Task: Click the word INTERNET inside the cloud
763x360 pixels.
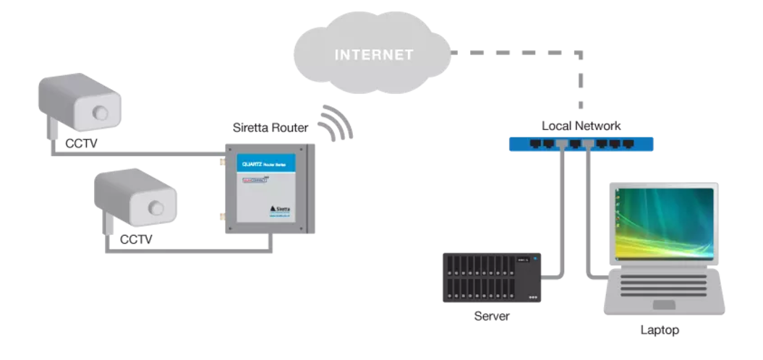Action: coord(374,55)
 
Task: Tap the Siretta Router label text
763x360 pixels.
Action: coord(270,128)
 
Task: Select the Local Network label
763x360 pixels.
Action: coord(581,126)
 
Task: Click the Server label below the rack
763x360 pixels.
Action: coord(491,316)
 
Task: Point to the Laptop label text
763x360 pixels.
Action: coord(660,330)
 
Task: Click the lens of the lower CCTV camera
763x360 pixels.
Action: coord(155,207)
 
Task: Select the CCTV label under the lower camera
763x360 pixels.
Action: coord(136,239)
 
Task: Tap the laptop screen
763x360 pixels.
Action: coord(663,223)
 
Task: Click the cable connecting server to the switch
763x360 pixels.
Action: coord(561,217)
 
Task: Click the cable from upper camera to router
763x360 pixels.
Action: coord(137,154)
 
